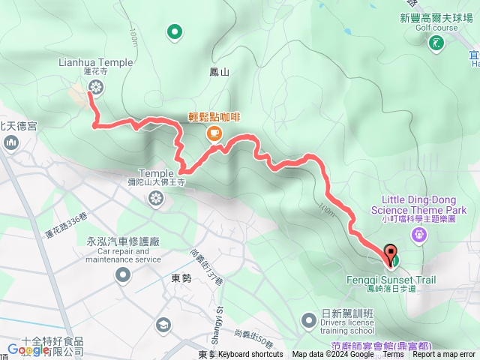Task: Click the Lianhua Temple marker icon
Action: [x=95, y=87]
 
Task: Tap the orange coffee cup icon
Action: [x=214, y=133]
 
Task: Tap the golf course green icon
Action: [x=435, y=43]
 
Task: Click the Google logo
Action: [x=28, y=349]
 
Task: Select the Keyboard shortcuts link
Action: [x=250, y=355]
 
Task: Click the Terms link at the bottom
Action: [x=393, y=355]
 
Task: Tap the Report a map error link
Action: [x=444, y=355]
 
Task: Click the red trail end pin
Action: [x=390, y=253]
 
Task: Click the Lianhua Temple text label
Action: [x=95, y=63]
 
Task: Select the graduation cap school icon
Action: [x=163, y=325]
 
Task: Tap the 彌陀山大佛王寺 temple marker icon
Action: [x=155, y=199]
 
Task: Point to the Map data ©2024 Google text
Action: [x=333, y=355]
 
